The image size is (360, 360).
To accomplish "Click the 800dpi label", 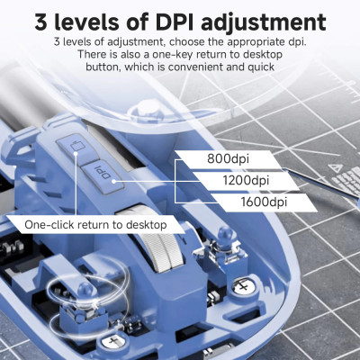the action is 228,158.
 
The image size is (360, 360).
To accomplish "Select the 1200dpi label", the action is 246,180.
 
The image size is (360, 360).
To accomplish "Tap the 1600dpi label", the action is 264,202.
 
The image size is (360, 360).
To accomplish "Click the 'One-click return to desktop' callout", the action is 95,224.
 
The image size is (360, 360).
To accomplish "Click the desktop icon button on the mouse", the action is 76,147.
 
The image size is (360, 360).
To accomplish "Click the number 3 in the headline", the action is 41,22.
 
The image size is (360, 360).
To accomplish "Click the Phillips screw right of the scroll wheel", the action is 244,286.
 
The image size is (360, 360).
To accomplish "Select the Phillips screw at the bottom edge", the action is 112,341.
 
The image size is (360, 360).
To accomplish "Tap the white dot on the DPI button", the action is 114,181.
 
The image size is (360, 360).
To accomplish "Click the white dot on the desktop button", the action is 76,154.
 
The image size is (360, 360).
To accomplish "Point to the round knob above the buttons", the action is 149,109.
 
